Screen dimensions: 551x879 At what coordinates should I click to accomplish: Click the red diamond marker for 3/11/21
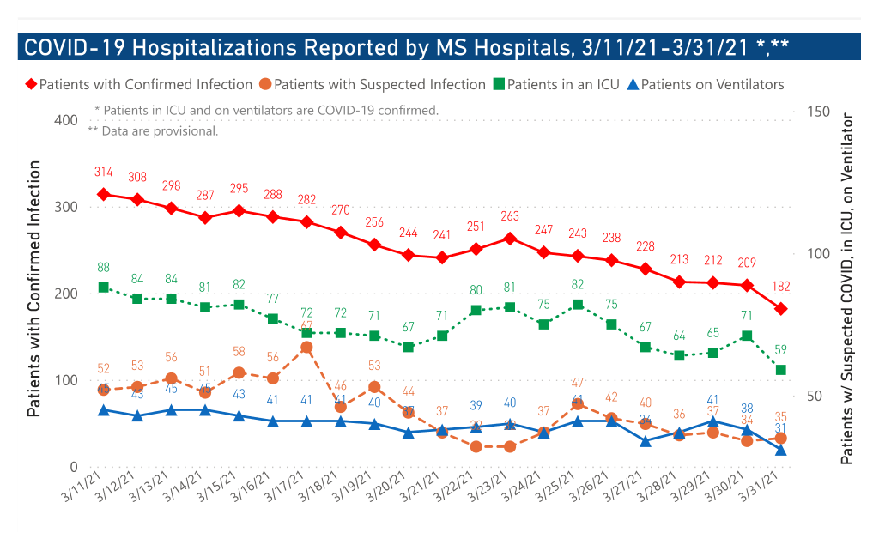pos(103,194)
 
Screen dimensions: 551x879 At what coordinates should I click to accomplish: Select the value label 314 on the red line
pos(103,173)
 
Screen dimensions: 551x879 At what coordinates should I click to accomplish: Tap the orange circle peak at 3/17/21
pos(306,347)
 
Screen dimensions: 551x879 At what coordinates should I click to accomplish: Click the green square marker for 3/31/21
pos(781,369)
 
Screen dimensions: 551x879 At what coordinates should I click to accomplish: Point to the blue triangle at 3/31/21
pos(781,449)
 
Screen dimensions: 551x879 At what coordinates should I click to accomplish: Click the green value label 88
pos(103,267)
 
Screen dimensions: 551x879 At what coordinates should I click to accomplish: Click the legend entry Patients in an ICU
pos(558,84)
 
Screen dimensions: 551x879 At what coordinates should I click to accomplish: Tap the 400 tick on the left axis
pos(65,119)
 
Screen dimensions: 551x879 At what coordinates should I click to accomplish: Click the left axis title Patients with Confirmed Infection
pos(34,292)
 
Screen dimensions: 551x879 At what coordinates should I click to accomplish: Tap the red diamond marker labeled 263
pos(509,239)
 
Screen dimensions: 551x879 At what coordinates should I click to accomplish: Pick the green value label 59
pos(781,349)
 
